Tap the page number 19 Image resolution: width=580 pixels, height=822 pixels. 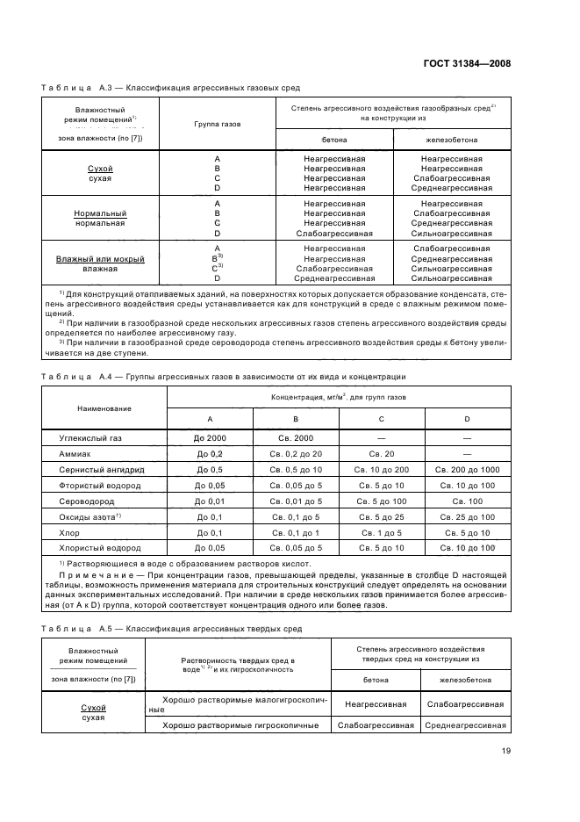tap(506, 750)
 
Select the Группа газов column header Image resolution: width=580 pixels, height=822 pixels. tap(217, 124)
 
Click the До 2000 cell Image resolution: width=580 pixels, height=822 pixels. tap(210, 436)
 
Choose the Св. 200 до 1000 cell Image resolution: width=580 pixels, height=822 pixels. tap(466, 470)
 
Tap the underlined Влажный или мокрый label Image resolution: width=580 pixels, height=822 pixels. tap(100, 259)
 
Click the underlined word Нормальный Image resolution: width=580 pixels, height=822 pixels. tap(100, 213)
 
